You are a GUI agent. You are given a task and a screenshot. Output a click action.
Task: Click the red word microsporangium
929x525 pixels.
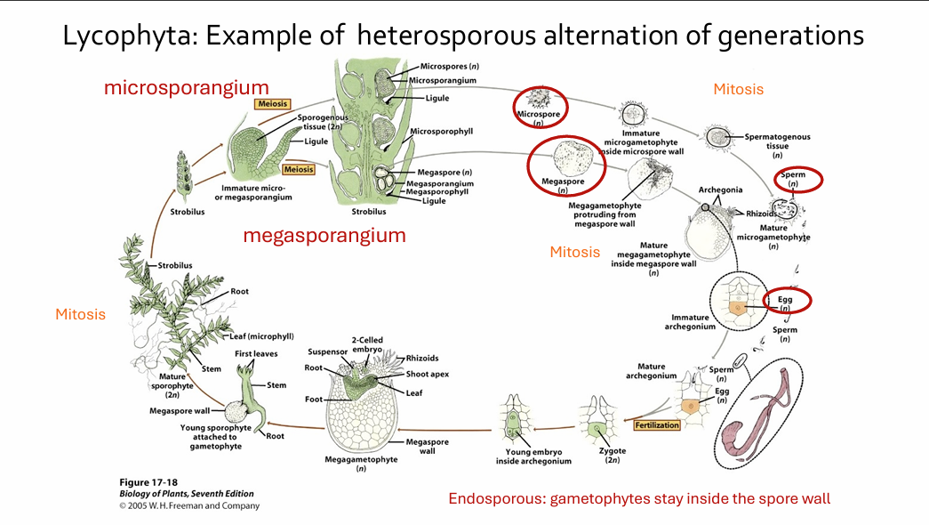pyautogui.click(x=186, y=87)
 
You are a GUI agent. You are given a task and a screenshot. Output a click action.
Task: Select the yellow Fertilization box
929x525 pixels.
pyautogui.click(x=658, y=425)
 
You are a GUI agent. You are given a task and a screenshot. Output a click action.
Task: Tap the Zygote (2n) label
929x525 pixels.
pyautogui.click(x=613, y=456)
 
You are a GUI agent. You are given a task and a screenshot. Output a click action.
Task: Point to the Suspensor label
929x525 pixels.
pyautogui.click(x=326, y=351)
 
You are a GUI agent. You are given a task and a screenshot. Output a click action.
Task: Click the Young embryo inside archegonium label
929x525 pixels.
pyautogui.click(x=533, y=456)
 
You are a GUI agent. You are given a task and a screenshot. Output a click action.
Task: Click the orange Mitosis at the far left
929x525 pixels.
pyautogui.click(x=80, y=314)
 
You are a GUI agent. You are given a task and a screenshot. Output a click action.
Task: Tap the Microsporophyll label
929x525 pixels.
pyautogui.click(x=441, y=131)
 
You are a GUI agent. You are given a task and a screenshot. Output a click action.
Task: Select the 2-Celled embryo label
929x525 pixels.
pyautogui.click(x=366, y=343)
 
